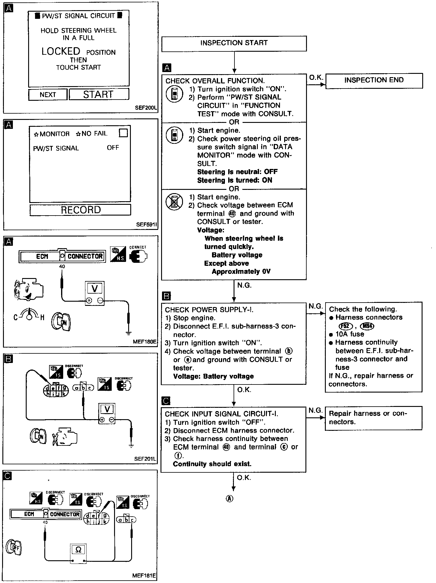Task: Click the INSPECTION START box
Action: click(x=234, y=43)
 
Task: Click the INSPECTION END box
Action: click(x=374, y=80)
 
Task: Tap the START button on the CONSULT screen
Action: click(x=99, y=94)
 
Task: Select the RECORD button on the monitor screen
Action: click(x=81, y=210)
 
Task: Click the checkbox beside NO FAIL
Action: click(x=123, y=133)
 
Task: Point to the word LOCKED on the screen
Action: click(x=61, y=51)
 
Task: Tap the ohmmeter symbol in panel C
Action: click(x=78, y=550)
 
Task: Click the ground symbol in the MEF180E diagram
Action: click(x=129, y=333)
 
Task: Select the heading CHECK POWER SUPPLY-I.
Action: click(x=209, y=310)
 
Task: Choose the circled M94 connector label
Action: click(x=367, y=326)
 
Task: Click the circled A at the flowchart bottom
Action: click(x=230, y=498)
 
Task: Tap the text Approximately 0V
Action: click(x=241, y=271)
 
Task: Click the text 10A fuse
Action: click(x=349, y=334)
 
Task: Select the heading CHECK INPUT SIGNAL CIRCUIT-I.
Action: click(x=221, y=414)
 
